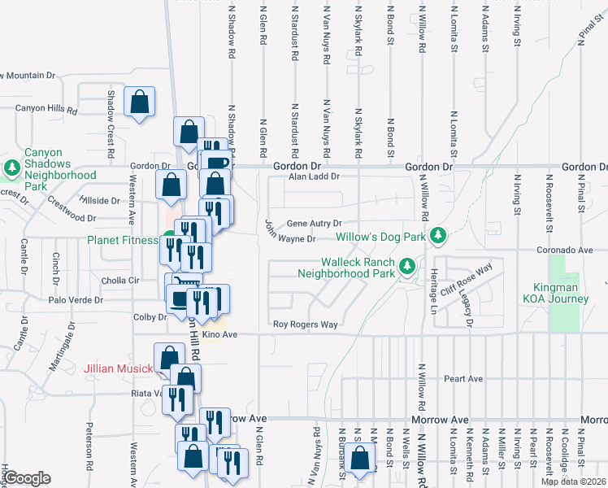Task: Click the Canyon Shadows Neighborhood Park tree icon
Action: pos(12,168)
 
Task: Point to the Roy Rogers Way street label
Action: pos(305,325)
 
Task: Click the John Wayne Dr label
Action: pos(289,237)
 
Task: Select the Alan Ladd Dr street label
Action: pos(312,176)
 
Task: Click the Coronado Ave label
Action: pos(567,251)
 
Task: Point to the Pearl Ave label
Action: pos(463,379)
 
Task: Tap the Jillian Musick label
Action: pos(119,369)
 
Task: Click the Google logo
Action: pos(27,478)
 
